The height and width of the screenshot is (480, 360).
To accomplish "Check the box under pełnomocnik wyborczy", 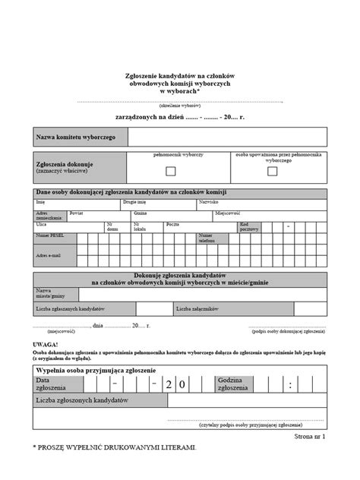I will (171, 171).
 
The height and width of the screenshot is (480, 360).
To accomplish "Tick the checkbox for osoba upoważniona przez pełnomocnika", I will (272, 172).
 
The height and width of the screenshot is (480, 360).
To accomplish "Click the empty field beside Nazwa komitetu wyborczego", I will (227, 137).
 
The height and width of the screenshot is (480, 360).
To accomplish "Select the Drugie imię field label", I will (134, 203).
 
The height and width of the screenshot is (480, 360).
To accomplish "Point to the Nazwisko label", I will (209, 203).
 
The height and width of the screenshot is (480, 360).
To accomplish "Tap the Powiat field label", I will (76, 214).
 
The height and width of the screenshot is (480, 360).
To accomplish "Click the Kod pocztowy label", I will (248, 226).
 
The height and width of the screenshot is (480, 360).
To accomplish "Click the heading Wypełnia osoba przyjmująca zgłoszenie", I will (95, 369).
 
